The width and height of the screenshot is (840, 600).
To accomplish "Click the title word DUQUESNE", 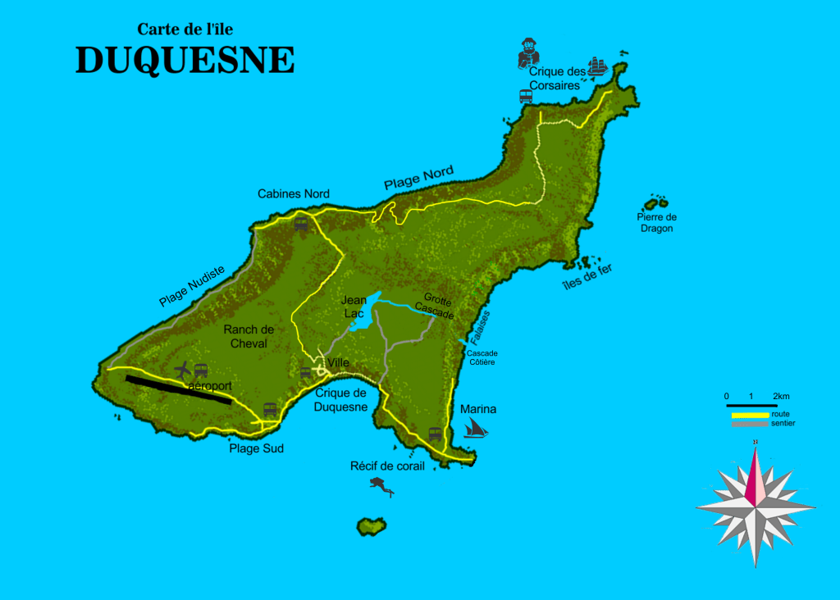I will [185, 60].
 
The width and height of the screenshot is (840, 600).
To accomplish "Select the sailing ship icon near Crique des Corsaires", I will [600, 66].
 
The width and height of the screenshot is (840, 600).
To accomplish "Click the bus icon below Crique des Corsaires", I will [526, 95].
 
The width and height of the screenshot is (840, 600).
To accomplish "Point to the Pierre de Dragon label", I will [656, 222].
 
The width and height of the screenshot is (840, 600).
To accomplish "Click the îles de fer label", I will [587, 278].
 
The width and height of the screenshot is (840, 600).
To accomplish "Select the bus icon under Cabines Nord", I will [301, 223].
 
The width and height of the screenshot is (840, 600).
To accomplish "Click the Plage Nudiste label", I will [191, 286].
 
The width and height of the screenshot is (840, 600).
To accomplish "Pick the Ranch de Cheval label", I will [249, 336].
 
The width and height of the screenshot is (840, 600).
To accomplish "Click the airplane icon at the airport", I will [182, 370].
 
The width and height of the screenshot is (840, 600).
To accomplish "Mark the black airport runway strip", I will [177, 390].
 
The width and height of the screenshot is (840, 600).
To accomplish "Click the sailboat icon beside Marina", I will [475, 427].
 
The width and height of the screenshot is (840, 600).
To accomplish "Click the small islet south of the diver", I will [372, 525].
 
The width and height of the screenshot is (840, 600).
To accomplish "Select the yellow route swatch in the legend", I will [750, 415].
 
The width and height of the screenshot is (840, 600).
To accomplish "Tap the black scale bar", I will [751, 406].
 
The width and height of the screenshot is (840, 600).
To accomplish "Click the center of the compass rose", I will [755, 506].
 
